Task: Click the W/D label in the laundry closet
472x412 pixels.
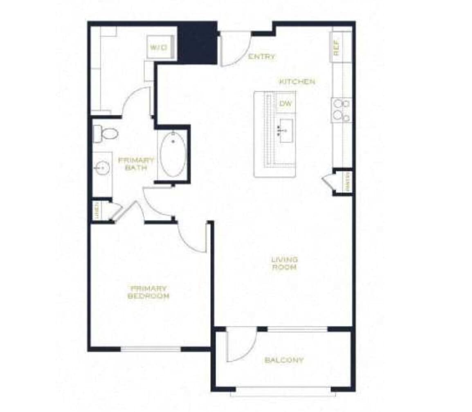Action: pos(158,48)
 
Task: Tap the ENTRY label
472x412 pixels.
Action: pos(262,57)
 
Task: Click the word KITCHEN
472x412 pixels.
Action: pos(297,82)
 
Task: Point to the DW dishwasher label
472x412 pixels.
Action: pos(285,104)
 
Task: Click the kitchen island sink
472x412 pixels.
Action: pos(285,131)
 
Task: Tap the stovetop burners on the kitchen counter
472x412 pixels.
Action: pos(342,110)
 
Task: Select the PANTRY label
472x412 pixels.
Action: pos(347,181)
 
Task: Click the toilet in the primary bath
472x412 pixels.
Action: pos(106,133)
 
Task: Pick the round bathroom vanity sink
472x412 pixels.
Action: pos(101,168)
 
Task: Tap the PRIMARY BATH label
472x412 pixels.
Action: pos(136,164)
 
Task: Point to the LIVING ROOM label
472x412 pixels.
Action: pos(285,263)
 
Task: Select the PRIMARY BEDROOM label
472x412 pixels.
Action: pos(148,292)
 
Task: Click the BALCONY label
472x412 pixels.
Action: pos(284,360)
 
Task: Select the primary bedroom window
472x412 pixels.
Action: pos(151,349)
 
